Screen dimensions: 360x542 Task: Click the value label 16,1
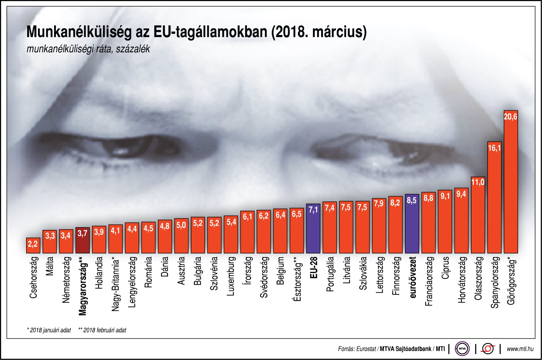494,148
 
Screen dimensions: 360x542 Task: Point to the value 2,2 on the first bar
33,244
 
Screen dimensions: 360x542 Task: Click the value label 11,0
478,182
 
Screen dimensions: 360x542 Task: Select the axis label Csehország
33,277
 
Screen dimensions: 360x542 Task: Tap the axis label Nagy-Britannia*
115,284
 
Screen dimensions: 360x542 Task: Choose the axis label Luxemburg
231,276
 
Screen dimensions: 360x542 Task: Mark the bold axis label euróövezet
412,277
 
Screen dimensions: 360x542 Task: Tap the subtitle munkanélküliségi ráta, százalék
88,49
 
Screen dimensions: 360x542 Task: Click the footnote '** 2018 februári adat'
102,330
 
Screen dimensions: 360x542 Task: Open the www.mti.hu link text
520,349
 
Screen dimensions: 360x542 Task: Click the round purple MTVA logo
462,349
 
